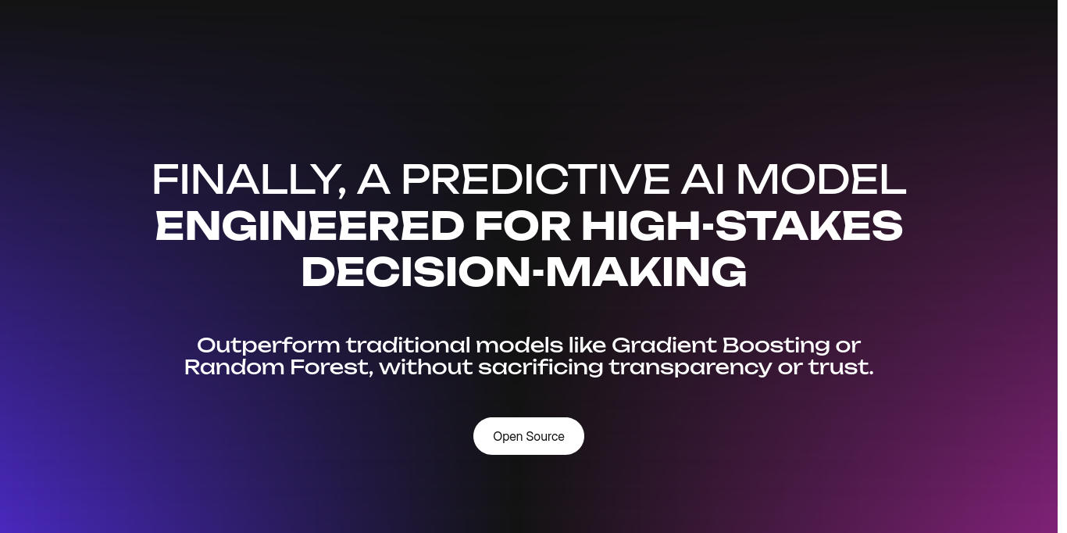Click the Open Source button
pos(528,436)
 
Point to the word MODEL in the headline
pos(821,179)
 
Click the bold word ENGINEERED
pos(309,226)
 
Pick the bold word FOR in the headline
pos(523,226)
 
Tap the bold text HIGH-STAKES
pos(742,226)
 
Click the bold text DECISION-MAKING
pos(524,271)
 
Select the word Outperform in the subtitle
pos(268,345)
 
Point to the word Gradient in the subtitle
pos(663,345)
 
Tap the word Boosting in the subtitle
pos(776,345)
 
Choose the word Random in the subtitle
pos(234,367)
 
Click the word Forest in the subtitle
pos(331,367)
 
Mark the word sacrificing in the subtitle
pos(541,368)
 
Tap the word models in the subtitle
pos(519,345)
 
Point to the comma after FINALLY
pos(341,191)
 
